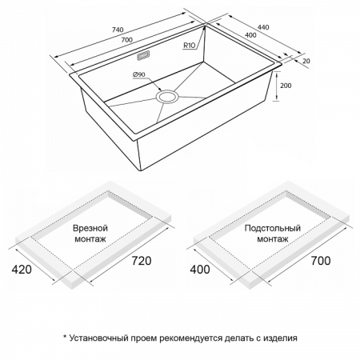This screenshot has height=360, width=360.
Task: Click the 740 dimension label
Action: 118,30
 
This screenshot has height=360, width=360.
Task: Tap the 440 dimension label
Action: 263,27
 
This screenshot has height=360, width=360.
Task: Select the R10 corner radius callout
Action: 189,46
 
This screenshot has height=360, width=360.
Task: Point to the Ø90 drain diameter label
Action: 138,74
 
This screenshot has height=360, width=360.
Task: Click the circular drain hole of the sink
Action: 167,97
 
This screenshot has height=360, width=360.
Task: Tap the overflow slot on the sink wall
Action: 143,56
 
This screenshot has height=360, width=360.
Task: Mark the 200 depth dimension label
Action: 286,86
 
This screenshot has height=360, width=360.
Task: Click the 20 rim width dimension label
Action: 306,61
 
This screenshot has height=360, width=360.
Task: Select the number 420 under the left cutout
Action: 22,270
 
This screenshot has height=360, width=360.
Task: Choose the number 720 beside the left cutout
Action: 142,261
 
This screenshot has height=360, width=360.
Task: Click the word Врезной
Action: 90,228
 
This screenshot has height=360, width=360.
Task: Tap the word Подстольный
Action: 273,228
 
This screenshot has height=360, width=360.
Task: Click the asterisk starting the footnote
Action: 65,337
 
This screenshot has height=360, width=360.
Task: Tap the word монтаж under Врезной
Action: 90,239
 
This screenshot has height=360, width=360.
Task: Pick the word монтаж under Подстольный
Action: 273,239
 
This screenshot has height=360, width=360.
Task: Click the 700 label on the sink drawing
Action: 127,40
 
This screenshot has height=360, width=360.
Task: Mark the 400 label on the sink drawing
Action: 250,35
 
